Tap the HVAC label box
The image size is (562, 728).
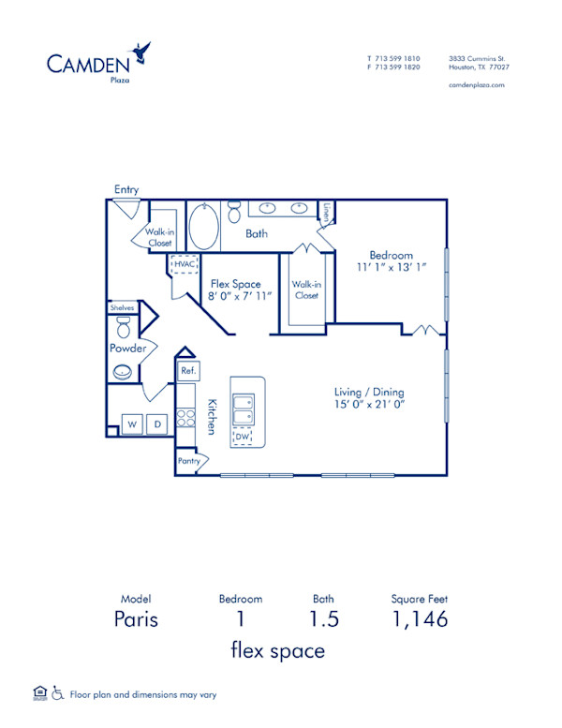pyautogui.click(x=183, y=265)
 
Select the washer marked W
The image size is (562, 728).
pyautogui.click(x=131, y=424)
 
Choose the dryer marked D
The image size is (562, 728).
pyautogui.click(x=157, y=424)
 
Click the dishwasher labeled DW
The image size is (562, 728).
pyautogui.click(x=242, y=436)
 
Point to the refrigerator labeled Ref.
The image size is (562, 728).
pyautogui.click(x=187, y=371)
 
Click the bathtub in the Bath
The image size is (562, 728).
pyautogui.click(x=203, y=227)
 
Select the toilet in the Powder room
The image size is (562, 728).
pyautogui.click(x=122, y=327)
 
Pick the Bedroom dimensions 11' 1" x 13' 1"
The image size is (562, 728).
pyautogui.click(x=391, y=268)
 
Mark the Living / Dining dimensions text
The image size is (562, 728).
pyautogui.click(x=375, y=405)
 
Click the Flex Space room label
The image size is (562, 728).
pyautogui.click(x=235, y=284)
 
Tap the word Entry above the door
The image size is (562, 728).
pyautogui.click(x=126, y=189)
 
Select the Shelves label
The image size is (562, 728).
pyautogui.click(x=123, y=307)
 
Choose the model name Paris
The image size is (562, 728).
pyautogui.click(x=136, y=619)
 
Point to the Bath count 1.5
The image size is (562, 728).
pyautogui.click(x=324, y=619)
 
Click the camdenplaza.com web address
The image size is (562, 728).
pyautogui.click(x=477, y=84)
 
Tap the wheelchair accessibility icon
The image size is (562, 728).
pyautogui.click(x=58, y=694)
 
